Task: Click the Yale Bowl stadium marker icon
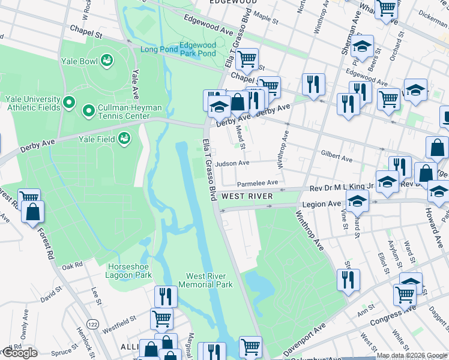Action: pos(107,60)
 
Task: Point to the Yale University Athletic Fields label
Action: pos(32,103)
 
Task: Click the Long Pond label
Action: pos(158,49)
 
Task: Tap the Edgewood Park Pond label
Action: pos(197,49)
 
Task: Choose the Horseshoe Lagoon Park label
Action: pos(129,271)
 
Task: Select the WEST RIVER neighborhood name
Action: pos(247,196)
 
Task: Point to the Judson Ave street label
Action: pos(232,163)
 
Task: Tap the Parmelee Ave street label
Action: pos(258,182)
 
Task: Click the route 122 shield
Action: pos(92,323)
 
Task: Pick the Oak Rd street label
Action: pos(71,265)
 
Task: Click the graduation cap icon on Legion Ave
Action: pos(357,203)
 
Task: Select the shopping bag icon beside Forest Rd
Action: pos(32,212)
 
